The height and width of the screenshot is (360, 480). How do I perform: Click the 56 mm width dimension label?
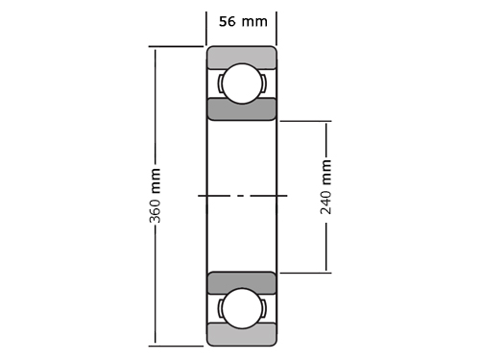(x=243, y=21)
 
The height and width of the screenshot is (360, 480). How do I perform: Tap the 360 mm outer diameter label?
(x=155, y=196)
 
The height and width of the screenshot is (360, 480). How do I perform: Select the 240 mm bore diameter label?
(x=325, y=187)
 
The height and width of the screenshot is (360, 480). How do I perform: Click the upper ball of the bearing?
(x=242, y=84)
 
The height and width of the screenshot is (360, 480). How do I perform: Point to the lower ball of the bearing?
(x=242, y=308)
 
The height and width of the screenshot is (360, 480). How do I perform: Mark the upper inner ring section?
(x=242, y=109)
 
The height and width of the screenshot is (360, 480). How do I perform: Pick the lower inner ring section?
(x=242, y=282)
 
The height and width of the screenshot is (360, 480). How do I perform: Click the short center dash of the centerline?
(x=242, y=196)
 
